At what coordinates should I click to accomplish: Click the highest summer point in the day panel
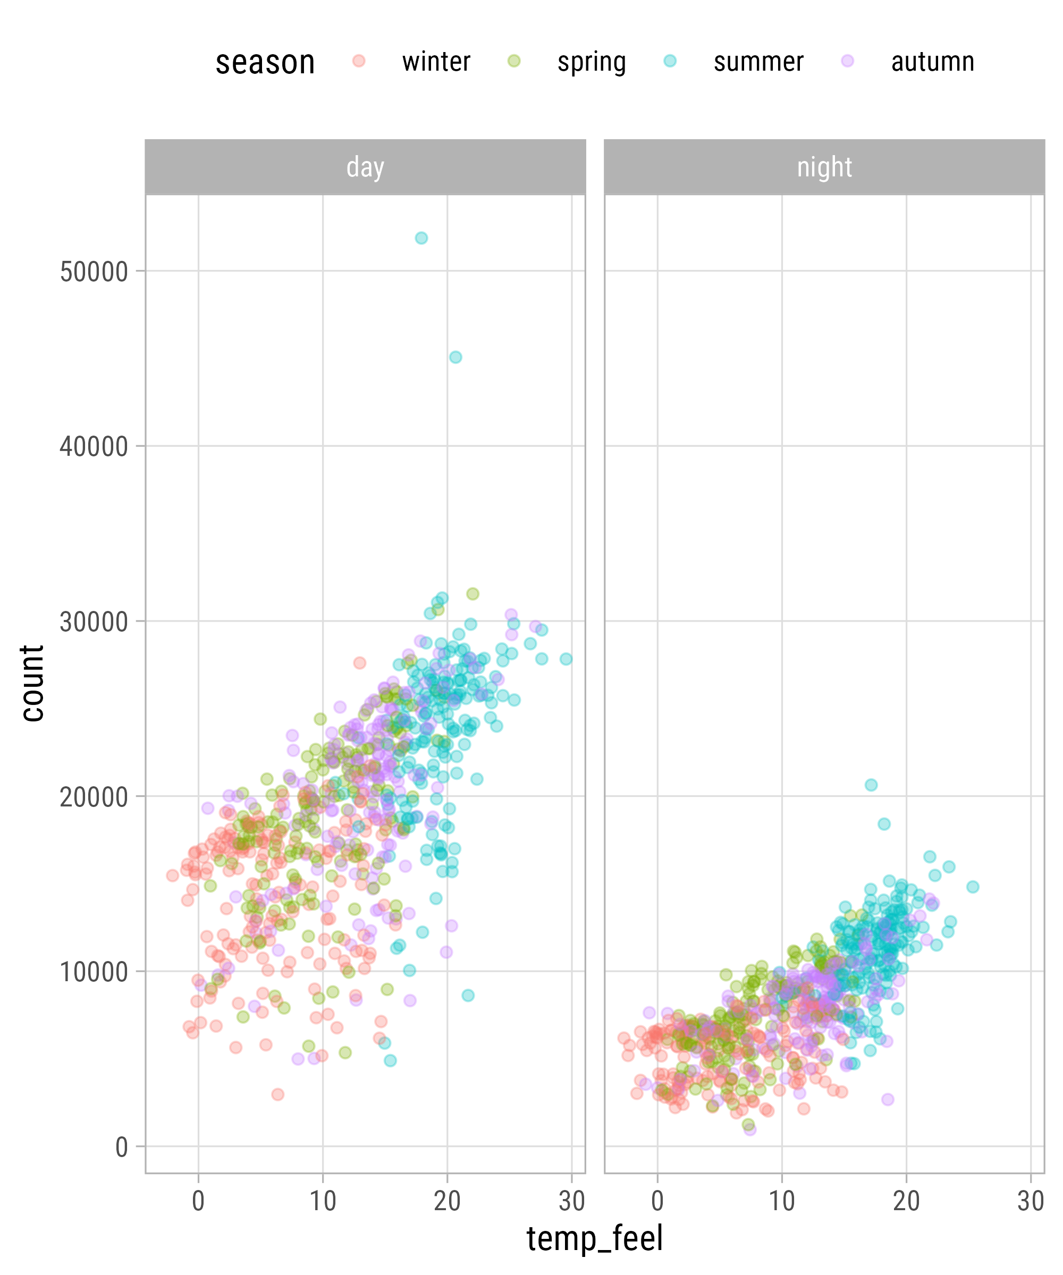coord(421,238)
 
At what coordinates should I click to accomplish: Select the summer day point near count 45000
coord(455,357)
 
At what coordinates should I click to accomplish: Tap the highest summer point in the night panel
coord(871,785)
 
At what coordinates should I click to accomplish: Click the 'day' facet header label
coord(365,167)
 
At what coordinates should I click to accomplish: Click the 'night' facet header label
coord(824,167)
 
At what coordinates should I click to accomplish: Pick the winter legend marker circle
coord(359,61)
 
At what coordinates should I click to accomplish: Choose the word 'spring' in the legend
coord(592,62)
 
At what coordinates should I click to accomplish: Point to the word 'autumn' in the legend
coord(932,62)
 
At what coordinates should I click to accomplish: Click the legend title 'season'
coord(265,63)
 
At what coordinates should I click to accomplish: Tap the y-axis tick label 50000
coord(94,272)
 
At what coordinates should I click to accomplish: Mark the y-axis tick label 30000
coord(94,622)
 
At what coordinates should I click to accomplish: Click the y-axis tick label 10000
coord(94,972)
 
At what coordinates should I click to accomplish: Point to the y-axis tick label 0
coord(122,1147)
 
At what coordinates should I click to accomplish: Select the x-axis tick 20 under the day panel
coord(447,1201)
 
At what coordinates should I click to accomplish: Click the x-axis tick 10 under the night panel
coord(782,1201)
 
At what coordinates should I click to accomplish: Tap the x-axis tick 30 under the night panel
coord(1031,1201)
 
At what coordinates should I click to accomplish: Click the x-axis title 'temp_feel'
coord(594,1238)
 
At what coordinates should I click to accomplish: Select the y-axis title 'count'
coord(31,683)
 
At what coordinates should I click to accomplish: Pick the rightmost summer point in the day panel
coord(566,659)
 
